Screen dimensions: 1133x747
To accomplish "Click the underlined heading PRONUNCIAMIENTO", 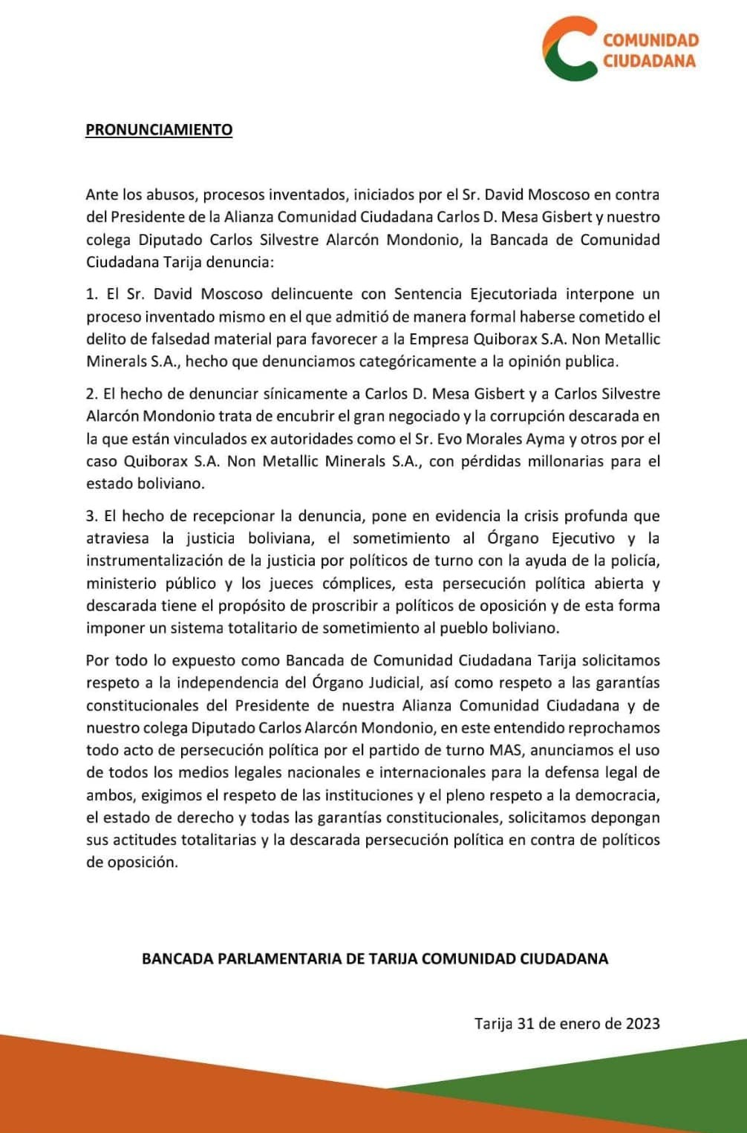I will (x=159, y=130).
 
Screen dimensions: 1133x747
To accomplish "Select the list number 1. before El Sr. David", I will (x=91, y=294).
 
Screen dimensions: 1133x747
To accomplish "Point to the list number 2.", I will (x=91, y=394).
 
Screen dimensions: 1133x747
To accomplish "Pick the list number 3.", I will (x=91, y=515).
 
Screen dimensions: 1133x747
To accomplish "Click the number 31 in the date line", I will (x=526, y=1023).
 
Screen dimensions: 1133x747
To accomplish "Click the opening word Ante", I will (x=102, y=195).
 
